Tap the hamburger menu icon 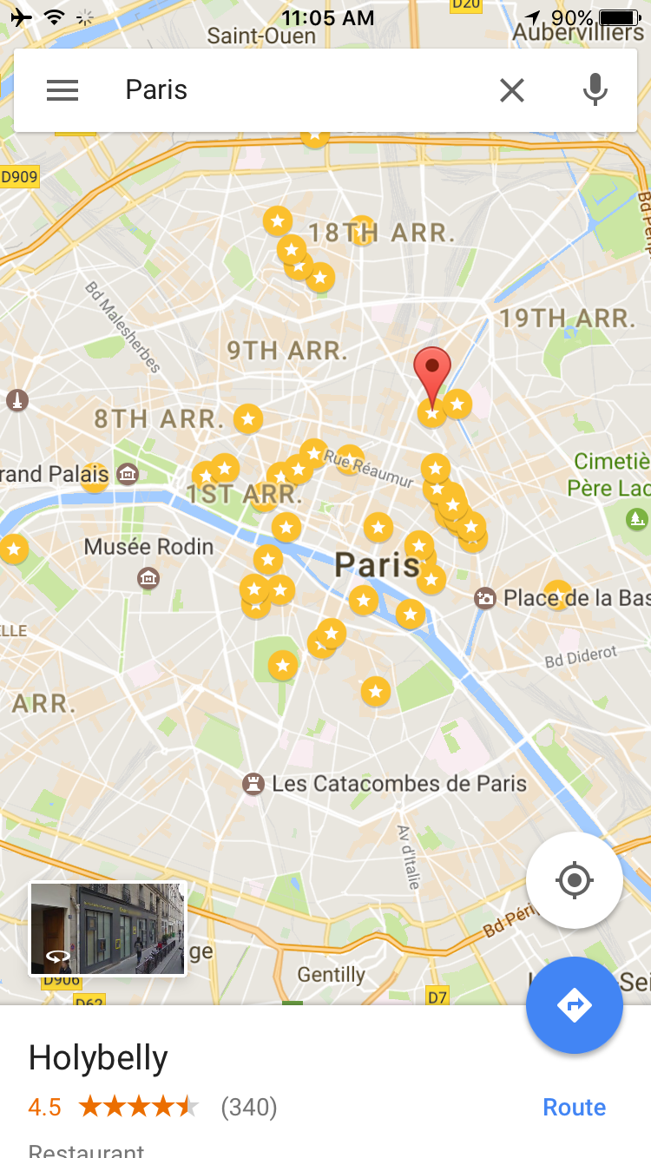(x=62, y=90)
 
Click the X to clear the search (x=512, y=90)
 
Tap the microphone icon (x=595, y=90)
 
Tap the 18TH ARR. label (x=382, y=233)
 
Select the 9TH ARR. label (x=287, y=351)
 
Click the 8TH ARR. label (x=155, y=418)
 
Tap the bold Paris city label (x=378, y=565)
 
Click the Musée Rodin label (x=148, y=547)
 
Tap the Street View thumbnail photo (x=108, y=929)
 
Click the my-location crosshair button (x=574, y=881)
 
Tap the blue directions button (x=574, y=1005)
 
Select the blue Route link (x=574, y=1107)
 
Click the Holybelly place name (x=98, y=1058)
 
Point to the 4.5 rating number (x=44, y=1107)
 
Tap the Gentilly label (x=331, y=975)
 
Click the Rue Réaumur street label (x=369, y=467)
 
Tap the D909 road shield (x=19, y=177)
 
